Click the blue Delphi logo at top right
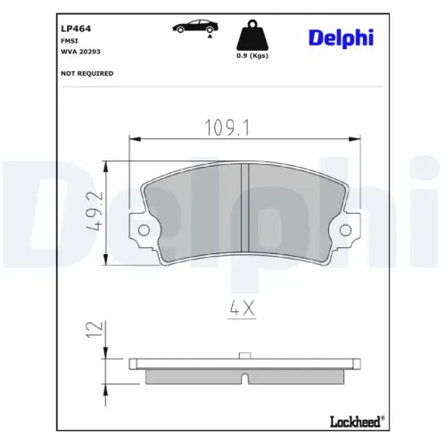click(x=341, y=37)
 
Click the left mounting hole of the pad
click(x=143, y=231)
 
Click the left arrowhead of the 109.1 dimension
click(x=134, y=138)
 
